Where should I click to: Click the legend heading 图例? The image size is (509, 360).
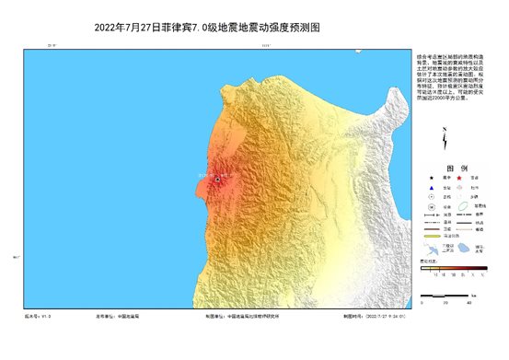tap(450, 169)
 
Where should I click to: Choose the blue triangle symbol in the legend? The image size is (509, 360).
tap(430, 192)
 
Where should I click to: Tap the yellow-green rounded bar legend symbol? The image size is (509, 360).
tap(430, 236)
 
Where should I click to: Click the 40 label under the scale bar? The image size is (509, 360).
tap(469, 302)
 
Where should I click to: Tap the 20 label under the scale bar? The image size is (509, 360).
tap(445, 302)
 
